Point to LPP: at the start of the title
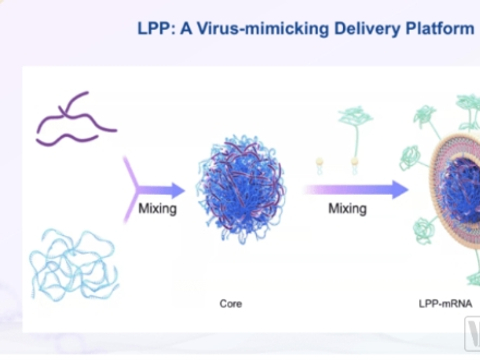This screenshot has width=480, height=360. click(157, 29)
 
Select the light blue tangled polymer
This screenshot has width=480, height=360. click(70, 262)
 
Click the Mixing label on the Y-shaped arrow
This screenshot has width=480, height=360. click(158, 209)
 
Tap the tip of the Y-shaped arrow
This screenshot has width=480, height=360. click(182, 190)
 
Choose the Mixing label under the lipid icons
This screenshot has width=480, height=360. click(347, 209)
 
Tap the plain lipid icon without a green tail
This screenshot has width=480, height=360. click(320, 163)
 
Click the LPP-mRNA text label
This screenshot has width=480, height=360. click(451, 302)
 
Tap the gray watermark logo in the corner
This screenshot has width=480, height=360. click(469, 337)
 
